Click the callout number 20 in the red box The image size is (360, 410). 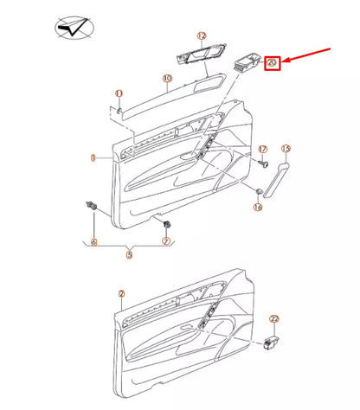272,62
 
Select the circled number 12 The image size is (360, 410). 201,36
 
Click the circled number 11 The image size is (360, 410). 119,93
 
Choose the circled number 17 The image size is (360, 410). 262,150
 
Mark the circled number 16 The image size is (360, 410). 257,207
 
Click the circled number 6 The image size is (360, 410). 94,241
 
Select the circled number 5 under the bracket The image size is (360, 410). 129,255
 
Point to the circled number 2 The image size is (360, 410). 121,294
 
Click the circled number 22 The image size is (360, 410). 273,319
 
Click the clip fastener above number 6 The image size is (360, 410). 91,206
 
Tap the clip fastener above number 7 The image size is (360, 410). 164,224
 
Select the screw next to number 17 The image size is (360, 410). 261,163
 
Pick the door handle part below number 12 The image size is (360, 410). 197,58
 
